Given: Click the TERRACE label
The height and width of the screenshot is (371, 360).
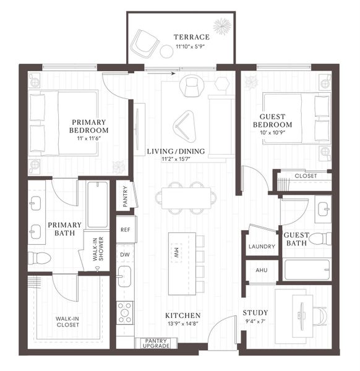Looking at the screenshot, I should click(x=191, y=37).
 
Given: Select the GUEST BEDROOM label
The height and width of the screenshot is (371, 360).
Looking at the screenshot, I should click(x=276, y=120).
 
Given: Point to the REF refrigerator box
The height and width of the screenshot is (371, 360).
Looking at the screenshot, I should click(x=126, y=229).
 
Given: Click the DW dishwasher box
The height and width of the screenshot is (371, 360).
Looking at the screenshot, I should click(x=125, y=254).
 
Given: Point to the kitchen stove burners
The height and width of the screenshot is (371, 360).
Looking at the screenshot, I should click(x=125, y=312).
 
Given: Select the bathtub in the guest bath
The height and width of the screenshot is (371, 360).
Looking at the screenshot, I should click(x=307, y=270).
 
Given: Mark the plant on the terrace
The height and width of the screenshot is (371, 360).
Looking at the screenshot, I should click(x=221, y=27).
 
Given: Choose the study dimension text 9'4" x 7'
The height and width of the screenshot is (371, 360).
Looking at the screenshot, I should click(x=255, y=321).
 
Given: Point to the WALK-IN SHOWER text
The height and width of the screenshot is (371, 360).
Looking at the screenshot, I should click(x=96, y=250).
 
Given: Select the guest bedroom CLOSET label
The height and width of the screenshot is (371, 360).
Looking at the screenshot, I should click(x=306, y=176).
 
